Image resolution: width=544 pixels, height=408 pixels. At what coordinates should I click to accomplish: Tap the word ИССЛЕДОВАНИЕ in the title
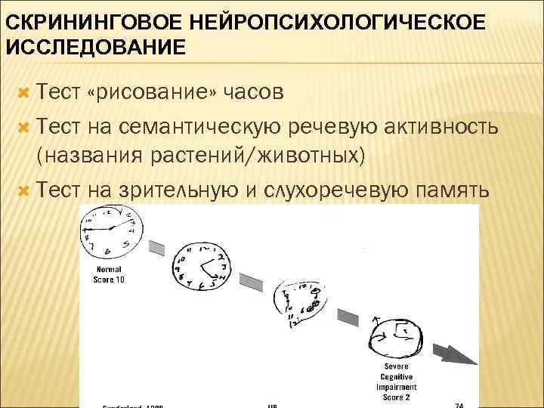(x=96, y=48)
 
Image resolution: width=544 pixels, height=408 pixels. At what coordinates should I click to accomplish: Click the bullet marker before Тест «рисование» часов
(x=23, y=92)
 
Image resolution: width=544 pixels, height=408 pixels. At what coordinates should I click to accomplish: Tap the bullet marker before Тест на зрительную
(x=23, y=189)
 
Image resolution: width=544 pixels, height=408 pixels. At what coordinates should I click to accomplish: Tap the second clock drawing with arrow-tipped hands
(x=200, y=267)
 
